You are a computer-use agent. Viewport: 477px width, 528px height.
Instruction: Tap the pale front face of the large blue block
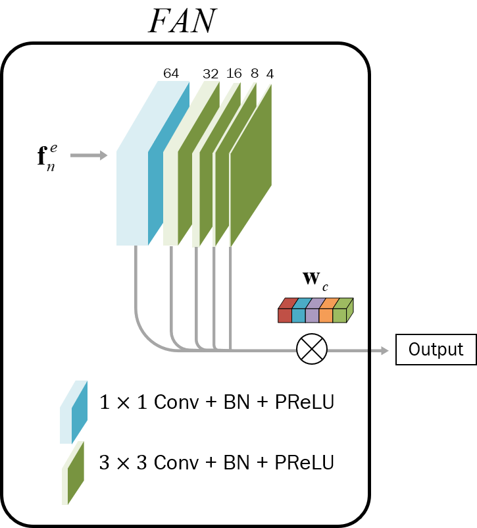click(132, 198)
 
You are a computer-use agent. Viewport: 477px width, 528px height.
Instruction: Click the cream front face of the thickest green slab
click(170, 198)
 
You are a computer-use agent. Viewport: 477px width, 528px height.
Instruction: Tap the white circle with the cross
click(312, 349)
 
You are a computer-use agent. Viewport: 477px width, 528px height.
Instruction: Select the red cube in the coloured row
click(285, 315)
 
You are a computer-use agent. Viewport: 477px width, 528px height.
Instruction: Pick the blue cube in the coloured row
click(299, 315)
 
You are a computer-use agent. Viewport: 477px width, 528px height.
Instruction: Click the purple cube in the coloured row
click(312, 315)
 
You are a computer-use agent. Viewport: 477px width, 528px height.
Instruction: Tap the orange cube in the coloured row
click(326, 315)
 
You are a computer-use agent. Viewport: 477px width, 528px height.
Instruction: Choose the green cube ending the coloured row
click(339, 315)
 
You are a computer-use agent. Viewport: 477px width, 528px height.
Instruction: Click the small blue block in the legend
click(73, 413)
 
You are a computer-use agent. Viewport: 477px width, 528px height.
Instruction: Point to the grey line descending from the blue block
click(136, 283)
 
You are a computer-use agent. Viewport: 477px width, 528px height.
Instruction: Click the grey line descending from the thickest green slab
click(171, 290)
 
